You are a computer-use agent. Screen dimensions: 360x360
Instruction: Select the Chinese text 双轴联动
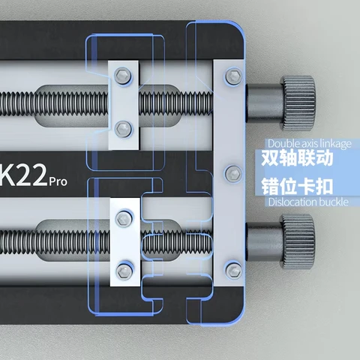point(295,160)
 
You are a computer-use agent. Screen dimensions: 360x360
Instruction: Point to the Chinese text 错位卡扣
point(295,186)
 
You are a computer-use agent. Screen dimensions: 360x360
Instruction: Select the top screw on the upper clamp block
point(123,74)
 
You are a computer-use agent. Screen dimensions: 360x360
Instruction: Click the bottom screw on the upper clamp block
point(123,124)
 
